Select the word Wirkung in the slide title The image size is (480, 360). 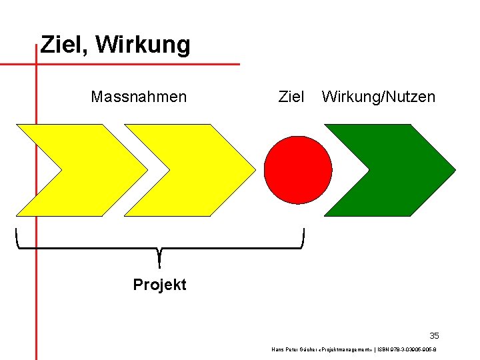[143, 45]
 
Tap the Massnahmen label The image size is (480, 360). [139, 97]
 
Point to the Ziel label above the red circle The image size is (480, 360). [291, 97]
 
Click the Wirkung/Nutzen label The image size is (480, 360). [378, 97]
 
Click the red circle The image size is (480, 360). [298, 170]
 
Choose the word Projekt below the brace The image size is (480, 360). [159, 285]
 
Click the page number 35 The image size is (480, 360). [434, 335]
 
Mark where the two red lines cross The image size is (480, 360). [36, 65]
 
